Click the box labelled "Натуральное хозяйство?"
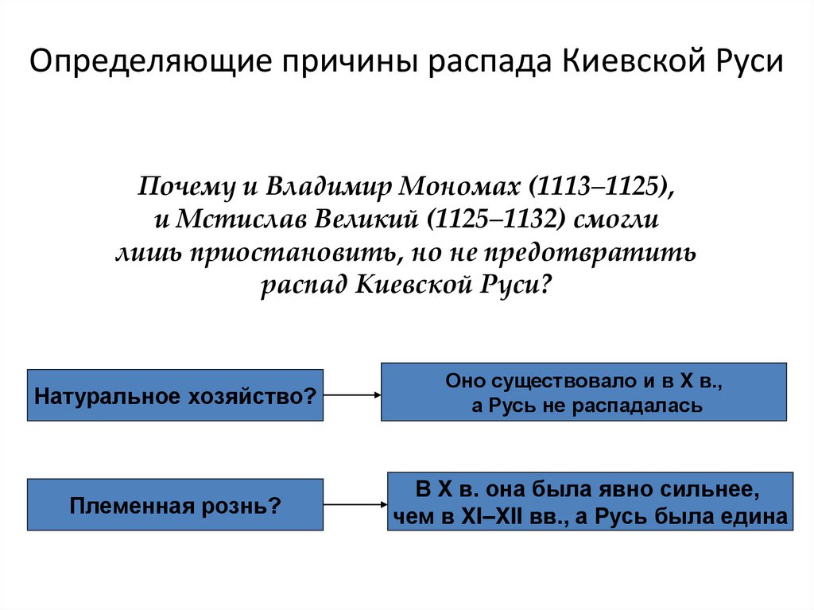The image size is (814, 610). pyautogui.click(x=175, y=395)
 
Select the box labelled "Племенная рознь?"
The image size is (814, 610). pyautogui.click(x=175, y=505)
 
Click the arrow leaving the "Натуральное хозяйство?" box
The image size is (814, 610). pyautogui.click(x=352, y=395)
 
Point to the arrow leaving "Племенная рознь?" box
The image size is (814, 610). pyautogui.click(x=355, y=504)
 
